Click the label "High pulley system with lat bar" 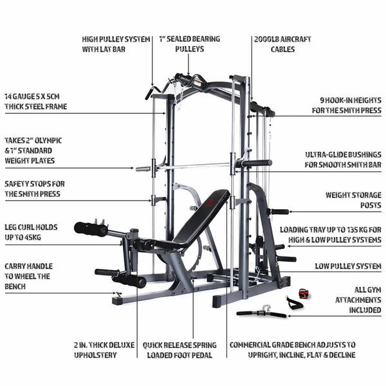click(116, 44)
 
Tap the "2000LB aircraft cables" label click(282, 44)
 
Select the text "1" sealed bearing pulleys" click(190, 44)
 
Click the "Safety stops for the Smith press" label click(35, 188)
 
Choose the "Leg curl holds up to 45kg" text click(31, 232)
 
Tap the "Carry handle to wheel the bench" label click(28, 276)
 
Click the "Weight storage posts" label click(353, 200)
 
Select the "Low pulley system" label click(348, 266)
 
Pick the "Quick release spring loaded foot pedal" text click(179, 350)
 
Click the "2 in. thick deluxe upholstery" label click(104, 350)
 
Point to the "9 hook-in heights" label click(347, 105)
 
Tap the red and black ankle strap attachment click(305, 293)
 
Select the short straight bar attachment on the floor click(261, 313)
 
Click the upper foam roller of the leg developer click(91, 230)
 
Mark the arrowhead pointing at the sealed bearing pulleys click(188, 73)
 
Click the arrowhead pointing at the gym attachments click(289, 316)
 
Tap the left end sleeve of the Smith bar click(143, 169)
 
